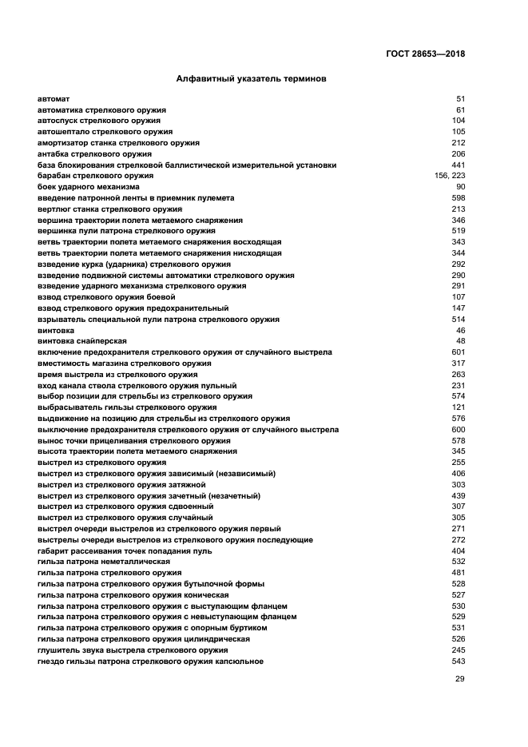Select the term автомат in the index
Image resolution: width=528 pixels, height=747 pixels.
tap(54, 98)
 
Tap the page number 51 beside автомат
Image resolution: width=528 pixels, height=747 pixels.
tap(460, 98)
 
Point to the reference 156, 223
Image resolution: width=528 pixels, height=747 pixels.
tap(450, 176)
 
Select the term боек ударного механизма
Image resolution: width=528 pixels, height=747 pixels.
tap(88, 187)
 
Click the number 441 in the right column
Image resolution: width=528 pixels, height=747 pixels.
tap(459, 165)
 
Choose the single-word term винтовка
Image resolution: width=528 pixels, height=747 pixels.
tap(56, 330)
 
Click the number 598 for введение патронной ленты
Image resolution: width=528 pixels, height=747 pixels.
tap(459, 198)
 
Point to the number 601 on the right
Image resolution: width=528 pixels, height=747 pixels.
tap(459, 352)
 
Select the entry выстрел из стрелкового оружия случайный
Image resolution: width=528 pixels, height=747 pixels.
tap(125, 518)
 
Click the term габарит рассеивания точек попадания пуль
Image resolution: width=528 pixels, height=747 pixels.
tap(125, 551)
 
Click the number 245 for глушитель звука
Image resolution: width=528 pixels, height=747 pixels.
tap(459, 650)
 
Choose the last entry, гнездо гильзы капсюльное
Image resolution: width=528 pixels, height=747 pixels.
tap(150, 662)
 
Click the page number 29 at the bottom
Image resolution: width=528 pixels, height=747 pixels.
tap(460, 679)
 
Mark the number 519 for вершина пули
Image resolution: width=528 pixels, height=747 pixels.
tap(459, 231)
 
